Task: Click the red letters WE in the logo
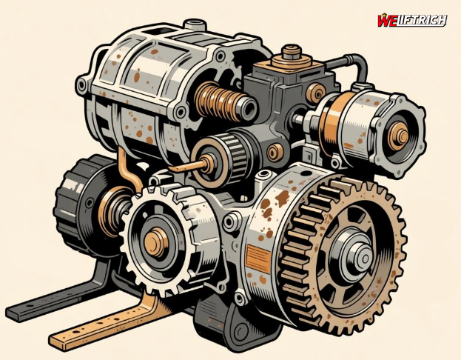pos(387,21)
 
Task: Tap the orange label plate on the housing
pos(258,258)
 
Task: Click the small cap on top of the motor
pos(195,24)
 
